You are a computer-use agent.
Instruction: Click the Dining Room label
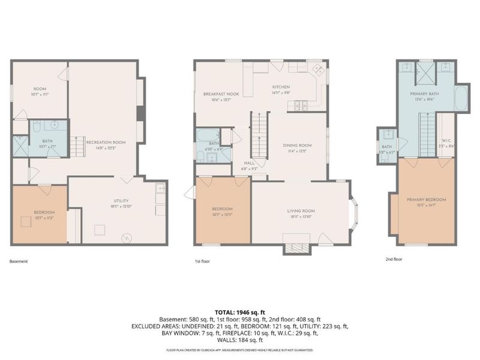tap(298, 148)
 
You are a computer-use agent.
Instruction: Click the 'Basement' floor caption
tap(19, 261)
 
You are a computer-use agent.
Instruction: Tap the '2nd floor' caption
tap(394, 260)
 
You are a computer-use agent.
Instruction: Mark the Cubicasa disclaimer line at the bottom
tap(239, 350)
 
